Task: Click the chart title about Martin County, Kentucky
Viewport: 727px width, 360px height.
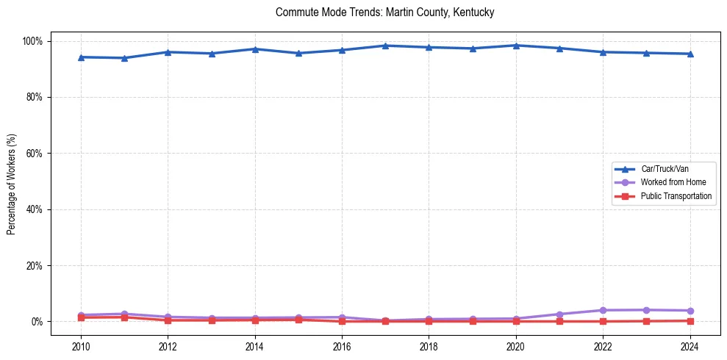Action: [x=384, y=12]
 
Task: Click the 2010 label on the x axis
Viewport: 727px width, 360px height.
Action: [x=81, y=345]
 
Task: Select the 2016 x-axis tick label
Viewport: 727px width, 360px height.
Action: [x=342, y=345]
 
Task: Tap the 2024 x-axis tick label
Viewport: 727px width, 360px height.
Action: [x=690, y=345]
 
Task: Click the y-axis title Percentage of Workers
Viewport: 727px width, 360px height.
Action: [x=12, y=181]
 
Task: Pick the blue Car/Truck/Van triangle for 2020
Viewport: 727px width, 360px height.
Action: [x=516, y=46]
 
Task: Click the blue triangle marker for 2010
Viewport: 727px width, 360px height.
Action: [x=81, y=57]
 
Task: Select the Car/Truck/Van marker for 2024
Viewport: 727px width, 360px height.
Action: [x=690, y=54]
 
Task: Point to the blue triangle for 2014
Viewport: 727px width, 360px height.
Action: [x=255, y=49]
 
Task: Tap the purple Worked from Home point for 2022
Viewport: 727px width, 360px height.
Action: [x=603, y=310]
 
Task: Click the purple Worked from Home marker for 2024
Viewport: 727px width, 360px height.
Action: [x=690, y=311]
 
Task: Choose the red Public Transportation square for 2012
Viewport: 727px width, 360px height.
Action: [x=168, y=320]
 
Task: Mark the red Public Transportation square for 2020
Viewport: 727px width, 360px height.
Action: [x=516, y=321]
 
